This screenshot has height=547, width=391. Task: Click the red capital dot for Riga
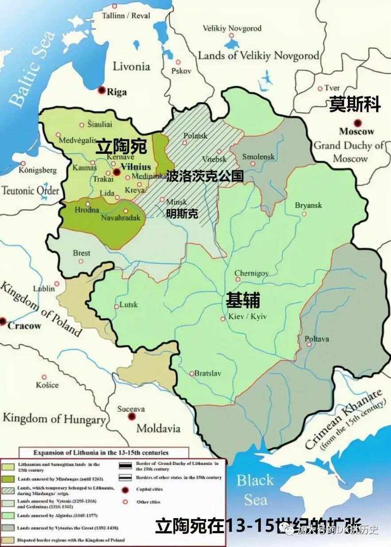tap(102, 90)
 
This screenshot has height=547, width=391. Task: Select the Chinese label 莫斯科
tap(355, 105)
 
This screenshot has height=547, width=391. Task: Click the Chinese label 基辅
tap(242, 301)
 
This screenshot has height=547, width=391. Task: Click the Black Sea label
tap(255, 489)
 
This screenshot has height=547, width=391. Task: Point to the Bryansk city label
tap(309, 205)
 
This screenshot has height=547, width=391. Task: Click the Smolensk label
tap(258, 156)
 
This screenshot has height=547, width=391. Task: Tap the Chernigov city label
tap(251, 273)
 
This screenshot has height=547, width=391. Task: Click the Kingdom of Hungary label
tap(54, 418)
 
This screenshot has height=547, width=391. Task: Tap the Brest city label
tap(82, 253)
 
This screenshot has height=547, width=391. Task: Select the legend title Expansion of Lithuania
tap(101, 453)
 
